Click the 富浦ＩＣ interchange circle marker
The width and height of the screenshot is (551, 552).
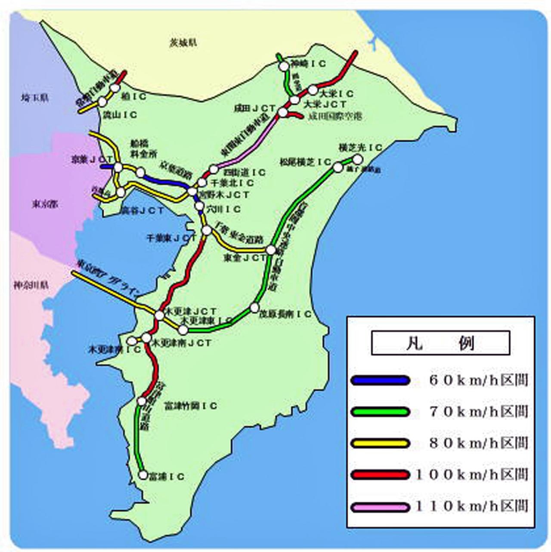[143, 475]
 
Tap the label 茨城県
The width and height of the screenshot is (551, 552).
[183, 42]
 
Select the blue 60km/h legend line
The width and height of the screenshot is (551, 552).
[380, 380]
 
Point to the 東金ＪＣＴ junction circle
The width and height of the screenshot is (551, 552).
[271, 250]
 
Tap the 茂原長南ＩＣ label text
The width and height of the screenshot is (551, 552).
[285, 315]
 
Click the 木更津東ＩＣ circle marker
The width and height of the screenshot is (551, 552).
[183, 330]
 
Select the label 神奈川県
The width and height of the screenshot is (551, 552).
[31, 285]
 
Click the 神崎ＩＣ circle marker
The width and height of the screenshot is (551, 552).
[284, 66]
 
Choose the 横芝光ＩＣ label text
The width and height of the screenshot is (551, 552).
[360, 148]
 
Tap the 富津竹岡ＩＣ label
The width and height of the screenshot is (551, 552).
[191, 406]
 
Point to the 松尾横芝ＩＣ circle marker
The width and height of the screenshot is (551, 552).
[338, 167]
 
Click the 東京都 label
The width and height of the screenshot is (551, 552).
[45, 204]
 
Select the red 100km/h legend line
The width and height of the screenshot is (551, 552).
[380, 475]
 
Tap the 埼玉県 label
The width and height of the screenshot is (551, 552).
[35, 98]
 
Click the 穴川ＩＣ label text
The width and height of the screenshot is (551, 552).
[223, 210]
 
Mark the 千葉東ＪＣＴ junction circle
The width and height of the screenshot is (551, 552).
[207, 231]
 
